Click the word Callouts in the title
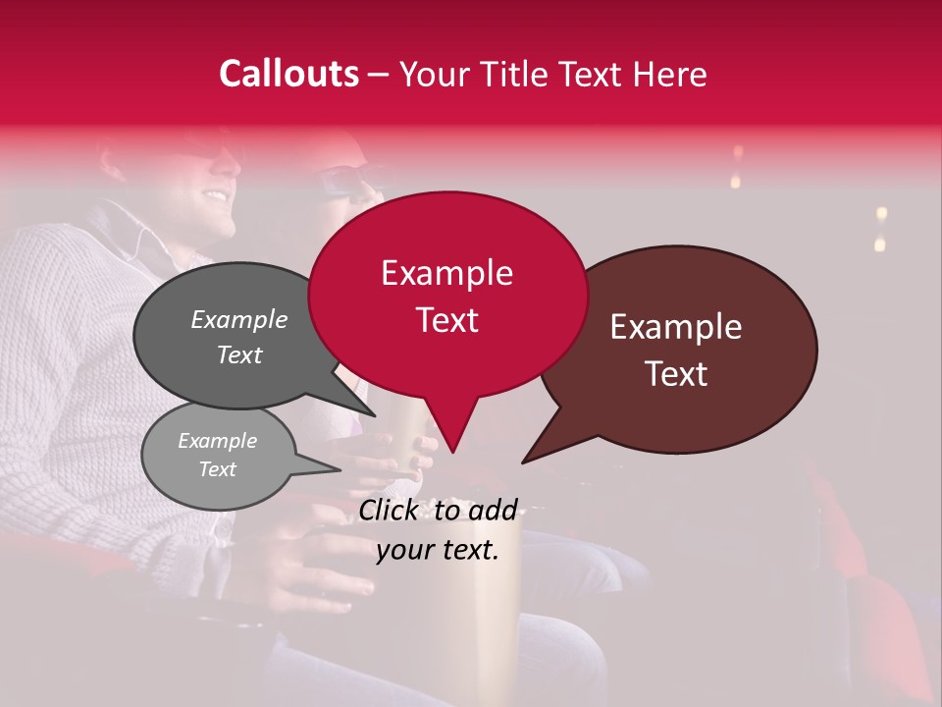pos(288,74)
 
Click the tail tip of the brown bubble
pos(523,462)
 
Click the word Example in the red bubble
pos(446,273)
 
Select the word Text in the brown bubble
pos(677,374)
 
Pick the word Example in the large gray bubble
pos(239,319)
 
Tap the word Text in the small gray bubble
pos(218,469)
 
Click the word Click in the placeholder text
pos(390,510)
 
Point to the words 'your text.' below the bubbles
pos(438,550)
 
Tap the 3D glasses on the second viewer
pos(344,180)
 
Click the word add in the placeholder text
pos(493,510)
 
